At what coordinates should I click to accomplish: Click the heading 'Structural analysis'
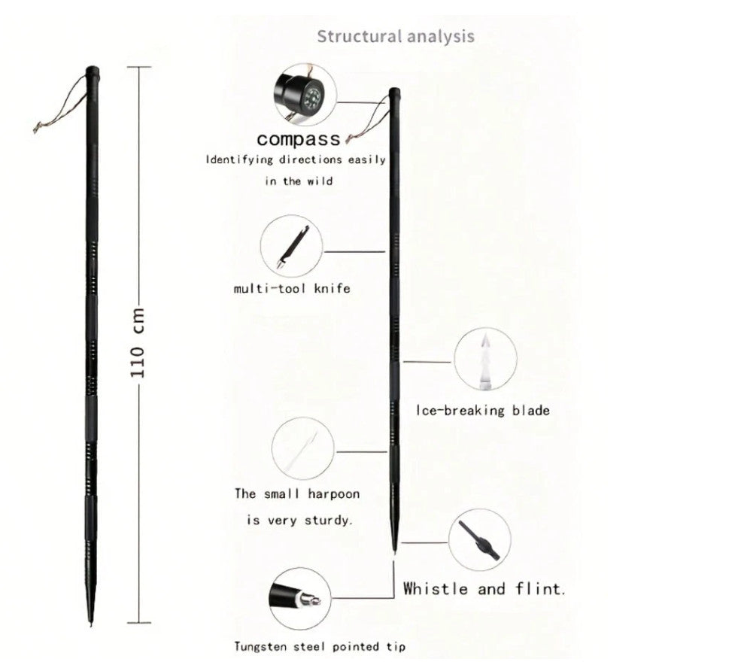coord(396,36)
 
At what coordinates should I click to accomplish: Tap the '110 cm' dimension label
coord(138,343)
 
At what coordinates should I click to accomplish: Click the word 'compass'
coord(299,139)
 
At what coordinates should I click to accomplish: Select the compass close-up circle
coord(305,95)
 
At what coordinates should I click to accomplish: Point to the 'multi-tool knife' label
coord(292,288)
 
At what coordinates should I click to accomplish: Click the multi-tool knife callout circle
coord(292,246)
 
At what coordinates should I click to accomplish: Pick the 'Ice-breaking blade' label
coord(482,410)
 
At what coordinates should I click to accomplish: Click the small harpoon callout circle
coord(303,448)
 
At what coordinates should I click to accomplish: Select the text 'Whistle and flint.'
coord(484,589)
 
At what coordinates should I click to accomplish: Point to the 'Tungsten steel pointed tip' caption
coord(320,646)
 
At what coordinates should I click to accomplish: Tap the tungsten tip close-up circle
coord(300,599)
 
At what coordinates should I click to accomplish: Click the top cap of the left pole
coord(92,71)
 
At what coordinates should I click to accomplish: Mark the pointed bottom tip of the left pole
coord(91,625)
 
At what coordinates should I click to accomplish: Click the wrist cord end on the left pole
coord(36,128)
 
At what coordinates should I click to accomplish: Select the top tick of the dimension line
coord(139,67)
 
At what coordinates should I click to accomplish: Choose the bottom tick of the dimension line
coord(139,623)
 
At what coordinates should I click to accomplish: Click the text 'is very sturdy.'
coord(299,521)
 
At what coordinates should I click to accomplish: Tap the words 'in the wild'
coord(299,181)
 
